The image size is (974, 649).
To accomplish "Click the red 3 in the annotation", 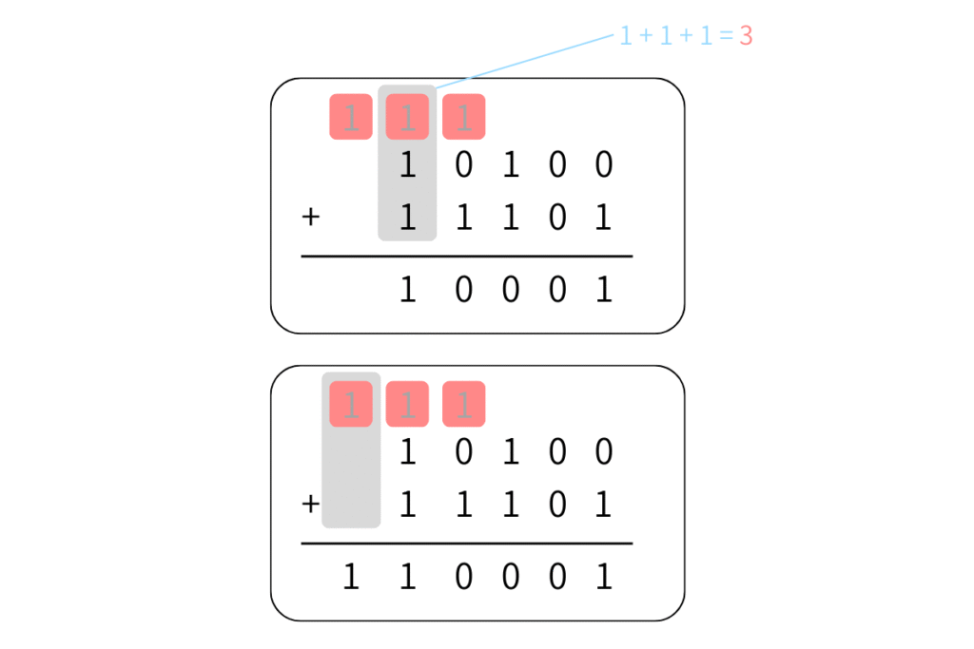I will tap(746, 36).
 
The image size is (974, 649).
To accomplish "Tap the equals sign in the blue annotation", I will tap(726, 37).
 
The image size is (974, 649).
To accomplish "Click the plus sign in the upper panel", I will tap(310, 218).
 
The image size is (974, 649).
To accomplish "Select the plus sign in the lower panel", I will tap(310, 505).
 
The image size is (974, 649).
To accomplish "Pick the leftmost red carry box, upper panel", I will tap(351, 117).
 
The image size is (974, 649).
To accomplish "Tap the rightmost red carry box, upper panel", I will tap(464, 117).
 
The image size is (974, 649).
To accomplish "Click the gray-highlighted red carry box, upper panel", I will tap(407, 117).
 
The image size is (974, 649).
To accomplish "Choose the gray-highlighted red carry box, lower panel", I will tap(351, 404).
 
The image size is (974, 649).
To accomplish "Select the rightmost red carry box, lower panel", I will tap(464, 404).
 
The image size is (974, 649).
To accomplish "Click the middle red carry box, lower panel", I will tap(407, 404).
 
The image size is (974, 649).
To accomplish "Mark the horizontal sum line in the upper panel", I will tap(466, 257).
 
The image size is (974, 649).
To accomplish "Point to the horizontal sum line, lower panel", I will tap(466, 544).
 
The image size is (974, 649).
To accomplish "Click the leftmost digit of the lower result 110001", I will tap(351, 577).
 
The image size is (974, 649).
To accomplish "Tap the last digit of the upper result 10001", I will tap(602, 289).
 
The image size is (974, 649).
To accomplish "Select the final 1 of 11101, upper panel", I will tap(602, 218).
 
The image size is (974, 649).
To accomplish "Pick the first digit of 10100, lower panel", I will tap(407, 452).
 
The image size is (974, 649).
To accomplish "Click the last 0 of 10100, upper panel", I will tap(602, 166).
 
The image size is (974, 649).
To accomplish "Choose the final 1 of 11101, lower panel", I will tap(602, 505).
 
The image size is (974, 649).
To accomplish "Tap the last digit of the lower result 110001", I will tap(602, 577).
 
